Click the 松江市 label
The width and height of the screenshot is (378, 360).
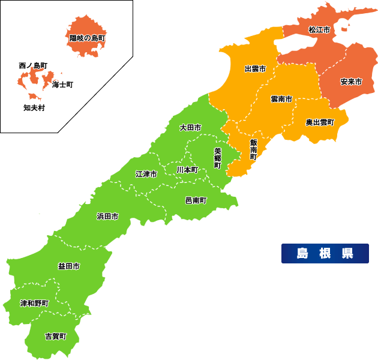pos(319,29)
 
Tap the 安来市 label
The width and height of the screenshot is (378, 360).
pos(350,81)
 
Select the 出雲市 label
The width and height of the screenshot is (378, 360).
pos(255,69)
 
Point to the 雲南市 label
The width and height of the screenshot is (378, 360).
pos(281,98)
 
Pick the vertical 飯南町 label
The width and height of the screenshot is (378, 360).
pos(254,149)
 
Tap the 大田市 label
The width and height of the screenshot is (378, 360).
pos(190,128)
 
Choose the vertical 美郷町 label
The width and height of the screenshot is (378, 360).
pos(218,157)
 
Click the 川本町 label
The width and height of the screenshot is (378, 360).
pos(187,170)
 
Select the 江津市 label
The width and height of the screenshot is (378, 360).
pos(146,174)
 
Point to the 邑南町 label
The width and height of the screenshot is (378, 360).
pos(196,200)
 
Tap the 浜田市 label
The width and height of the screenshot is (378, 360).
pos(107,216)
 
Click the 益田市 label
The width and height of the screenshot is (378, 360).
pos(68,266)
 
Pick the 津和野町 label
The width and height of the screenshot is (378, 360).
pos(34,303)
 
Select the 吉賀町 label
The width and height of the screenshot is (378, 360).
pos(55,336)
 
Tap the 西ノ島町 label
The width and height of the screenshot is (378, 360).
pos(33,65)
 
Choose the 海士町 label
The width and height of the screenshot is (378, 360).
pos(62,85)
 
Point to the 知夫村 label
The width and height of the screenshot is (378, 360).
pos(34,108)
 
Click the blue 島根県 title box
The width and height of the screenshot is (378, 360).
pos(325,253)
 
